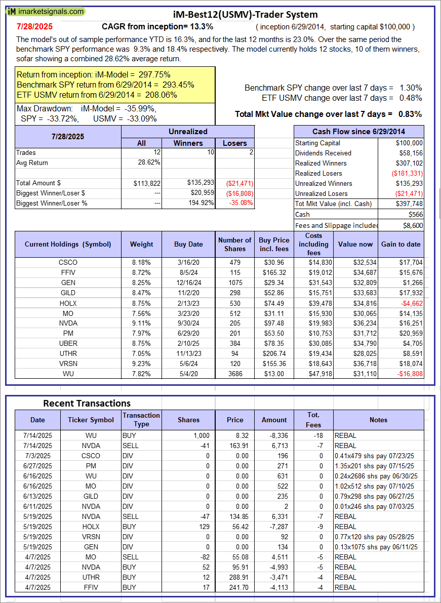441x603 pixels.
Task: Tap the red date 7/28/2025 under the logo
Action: tap(34, 26)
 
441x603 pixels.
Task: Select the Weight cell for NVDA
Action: tap(141, 334)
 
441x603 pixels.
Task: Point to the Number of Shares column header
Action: tap(234, 244)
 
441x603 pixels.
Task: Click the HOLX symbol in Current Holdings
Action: tap(68, 303)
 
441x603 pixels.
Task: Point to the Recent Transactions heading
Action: tap(87, 404)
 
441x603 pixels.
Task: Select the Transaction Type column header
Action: tap(141, 420)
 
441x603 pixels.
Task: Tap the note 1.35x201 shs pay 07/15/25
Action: tap(374, 466)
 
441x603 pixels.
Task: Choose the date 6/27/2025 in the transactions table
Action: tap(37, 466)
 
